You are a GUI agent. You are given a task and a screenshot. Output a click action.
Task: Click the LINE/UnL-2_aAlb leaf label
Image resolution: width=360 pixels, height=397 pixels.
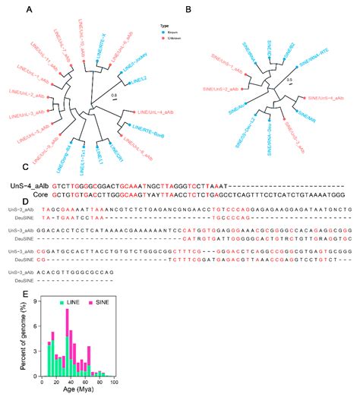coord(27,97)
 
